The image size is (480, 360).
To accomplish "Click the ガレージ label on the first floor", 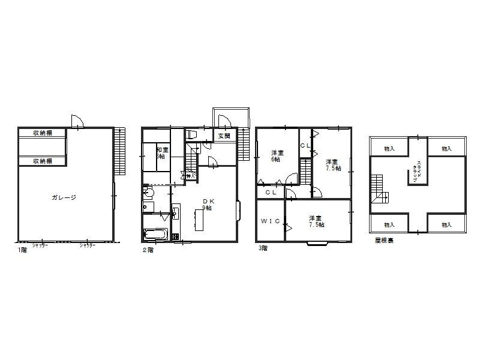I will (x=64, y=197).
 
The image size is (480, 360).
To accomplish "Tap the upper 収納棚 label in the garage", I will (x=41, y=133).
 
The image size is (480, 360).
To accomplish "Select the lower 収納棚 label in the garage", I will (x=41, y=161).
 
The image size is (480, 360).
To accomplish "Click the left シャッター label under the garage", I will (x=40, y=245).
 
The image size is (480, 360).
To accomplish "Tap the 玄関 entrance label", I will (x=224, y=136).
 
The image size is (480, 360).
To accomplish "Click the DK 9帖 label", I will (x=207, y=204).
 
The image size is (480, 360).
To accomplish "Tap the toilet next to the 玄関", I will (x=191, y=134).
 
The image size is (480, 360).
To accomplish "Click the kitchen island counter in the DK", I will (x=200, y=221).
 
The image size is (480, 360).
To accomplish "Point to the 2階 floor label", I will (x=148, y=250).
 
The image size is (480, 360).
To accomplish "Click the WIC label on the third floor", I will (x=271, y=221).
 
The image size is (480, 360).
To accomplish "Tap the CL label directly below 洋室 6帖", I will (x=271, y=193).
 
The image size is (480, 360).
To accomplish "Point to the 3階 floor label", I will (x=263, y=247).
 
